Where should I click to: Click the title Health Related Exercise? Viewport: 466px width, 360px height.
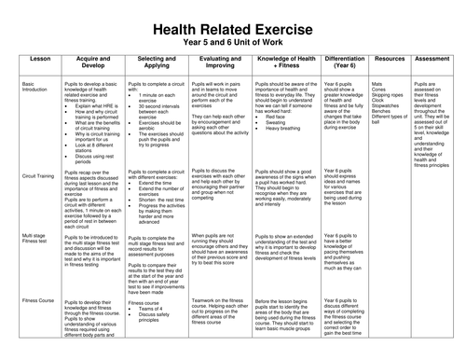coord(232,11)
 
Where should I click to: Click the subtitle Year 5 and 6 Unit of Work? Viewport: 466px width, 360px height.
coord(232,27)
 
